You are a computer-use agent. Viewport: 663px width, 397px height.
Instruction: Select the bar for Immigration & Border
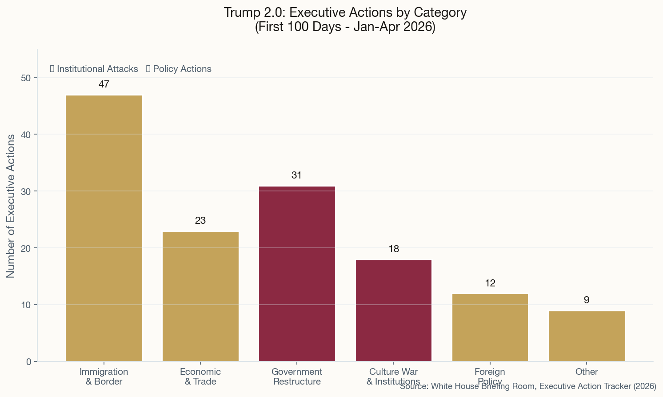(104, 228)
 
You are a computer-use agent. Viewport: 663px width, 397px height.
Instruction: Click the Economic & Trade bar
(200, 296)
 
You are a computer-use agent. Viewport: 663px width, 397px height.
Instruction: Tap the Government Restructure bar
(297, 274)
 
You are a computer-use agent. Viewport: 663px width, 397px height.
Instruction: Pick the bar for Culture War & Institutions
(393, 310)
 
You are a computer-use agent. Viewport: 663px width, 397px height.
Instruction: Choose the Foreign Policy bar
(490, 327)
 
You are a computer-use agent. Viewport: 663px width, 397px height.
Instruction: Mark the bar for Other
(586, 336)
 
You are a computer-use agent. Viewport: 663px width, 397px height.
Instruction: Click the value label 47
(104, 84)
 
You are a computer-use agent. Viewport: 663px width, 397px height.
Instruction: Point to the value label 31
(297, 175)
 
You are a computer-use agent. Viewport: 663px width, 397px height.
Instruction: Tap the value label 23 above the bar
(200, 221)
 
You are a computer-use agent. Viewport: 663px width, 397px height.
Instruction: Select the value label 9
(586, 300)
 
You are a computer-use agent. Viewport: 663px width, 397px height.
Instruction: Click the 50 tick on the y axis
(26, 78)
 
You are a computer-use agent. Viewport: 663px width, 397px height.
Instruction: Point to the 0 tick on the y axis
(29, 361)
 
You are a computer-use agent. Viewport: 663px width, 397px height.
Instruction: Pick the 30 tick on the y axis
(26, 191)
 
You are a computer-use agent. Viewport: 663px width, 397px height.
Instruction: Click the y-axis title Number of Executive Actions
(11, 206)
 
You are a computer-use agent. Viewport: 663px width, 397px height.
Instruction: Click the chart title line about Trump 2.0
(345, 12)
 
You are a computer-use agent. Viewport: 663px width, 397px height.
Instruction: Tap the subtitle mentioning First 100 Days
(345, 27)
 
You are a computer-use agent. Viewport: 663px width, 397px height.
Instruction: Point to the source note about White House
(528, 387)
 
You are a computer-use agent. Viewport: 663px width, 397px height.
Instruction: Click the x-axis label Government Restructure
(297, 377)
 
